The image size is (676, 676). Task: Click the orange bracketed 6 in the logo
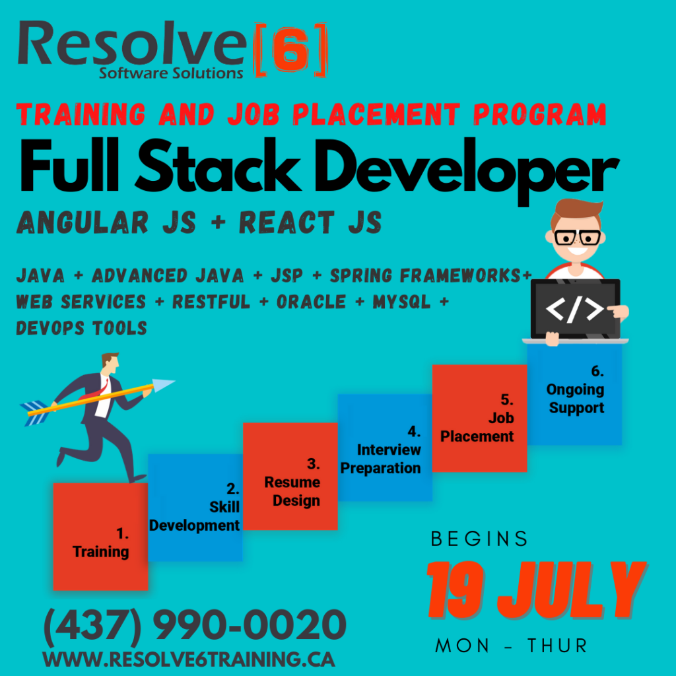[291, 50]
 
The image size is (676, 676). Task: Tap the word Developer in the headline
[467, 171]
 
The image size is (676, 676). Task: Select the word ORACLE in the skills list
[312, 302]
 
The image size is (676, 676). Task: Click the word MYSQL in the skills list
[402, 302]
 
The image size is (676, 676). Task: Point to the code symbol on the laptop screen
[575, 309]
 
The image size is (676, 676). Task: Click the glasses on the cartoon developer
[577, 238]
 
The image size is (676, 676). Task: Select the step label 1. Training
[101, 543]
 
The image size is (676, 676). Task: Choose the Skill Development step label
[195, 507]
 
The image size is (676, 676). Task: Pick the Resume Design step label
[292, 482]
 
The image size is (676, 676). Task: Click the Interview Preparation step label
[381, 450]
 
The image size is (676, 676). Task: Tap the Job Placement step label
[477, 418]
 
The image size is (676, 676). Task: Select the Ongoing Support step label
[576, 389]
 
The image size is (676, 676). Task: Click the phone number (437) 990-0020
[195, 625]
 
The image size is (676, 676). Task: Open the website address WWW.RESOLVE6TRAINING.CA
[189, 659]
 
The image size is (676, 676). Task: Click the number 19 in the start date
[456, 590]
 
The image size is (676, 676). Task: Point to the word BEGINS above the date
[479, 539]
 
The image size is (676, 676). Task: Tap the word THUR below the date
[557, 646]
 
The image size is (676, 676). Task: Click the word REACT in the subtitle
[287, 222]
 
